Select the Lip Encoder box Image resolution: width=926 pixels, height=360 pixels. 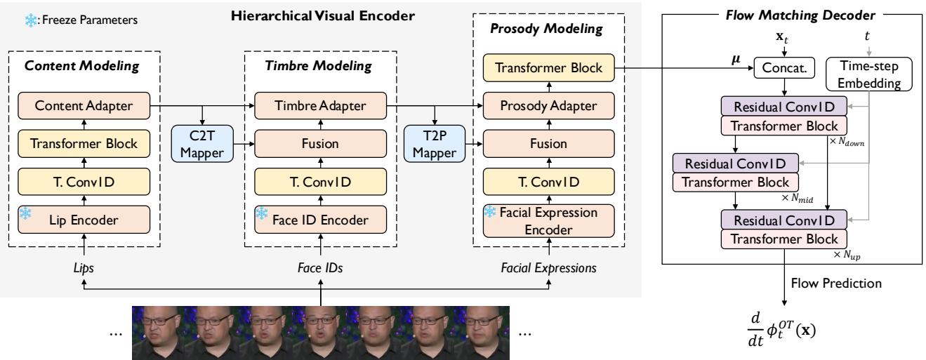[84, 219]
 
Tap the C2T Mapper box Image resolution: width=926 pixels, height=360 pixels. [203, 143]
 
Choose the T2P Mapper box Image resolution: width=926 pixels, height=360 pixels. [435, 143]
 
